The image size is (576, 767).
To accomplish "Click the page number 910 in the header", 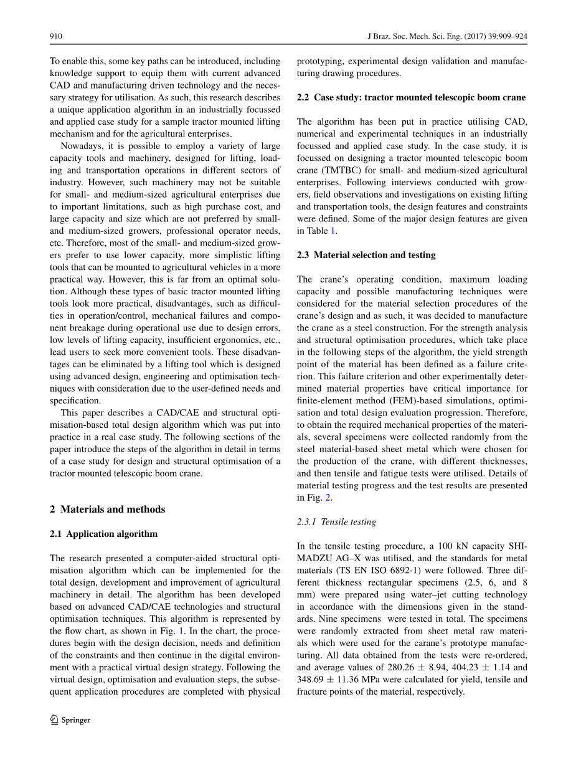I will coord(56,37).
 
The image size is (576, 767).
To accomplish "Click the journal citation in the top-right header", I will coord(448,37).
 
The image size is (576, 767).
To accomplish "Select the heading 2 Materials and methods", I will coord(107,509).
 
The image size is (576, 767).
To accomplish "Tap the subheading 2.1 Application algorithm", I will coord(103,534).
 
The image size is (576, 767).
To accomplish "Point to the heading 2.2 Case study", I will coord(411,97).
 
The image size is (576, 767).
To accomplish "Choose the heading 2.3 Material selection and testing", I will coord(366,255).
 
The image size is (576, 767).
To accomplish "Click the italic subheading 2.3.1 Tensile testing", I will coord(336,522).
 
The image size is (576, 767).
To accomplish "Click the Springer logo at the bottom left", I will coord(70,720).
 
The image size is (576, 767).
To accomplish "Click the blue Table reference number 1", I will coord(333,231).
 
